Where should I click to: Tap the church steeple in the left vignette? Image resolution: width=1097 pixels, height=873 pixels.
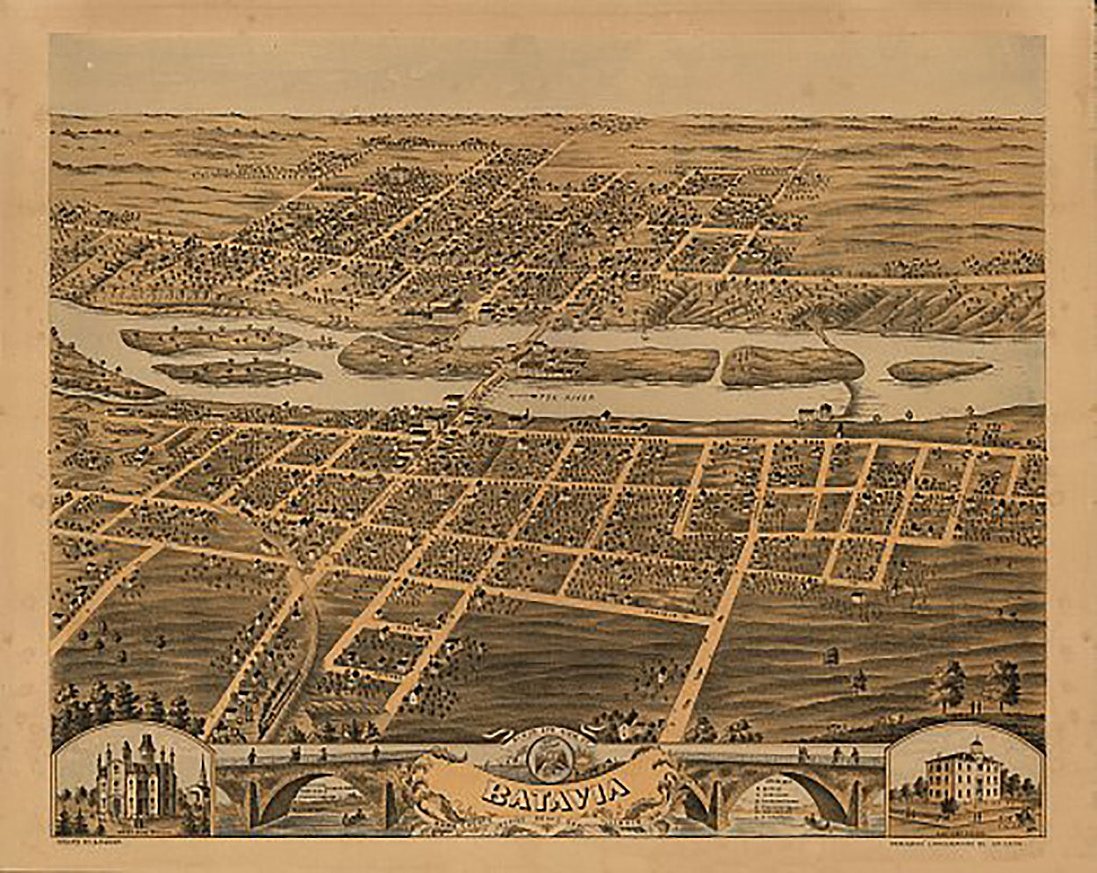[x=201, y=777]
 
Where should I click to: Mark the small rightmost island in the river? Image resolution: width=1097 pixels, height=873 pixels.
[x=940, y=370]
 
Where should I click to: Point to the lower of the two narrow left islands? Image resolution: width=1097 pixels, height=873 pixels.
[x=237, y=372]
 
